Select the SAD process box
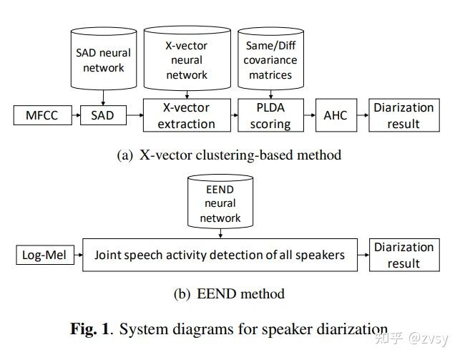(x=102, y=115)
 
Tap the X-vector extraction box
(x=186, y=115)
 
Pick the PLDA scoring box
(x=270, y=115)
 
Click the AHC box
(x=335, y=115)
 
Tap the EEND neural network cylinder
(x=220, y=203)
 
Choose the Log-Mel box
(x=44, y=255)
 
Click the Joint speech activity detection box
(x=220, y=255)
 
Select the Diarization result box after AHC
(x=403, y=115)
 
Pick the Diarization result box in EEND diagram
(x=403, y=255)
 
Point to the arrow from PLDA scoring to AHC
(x=308, y=115)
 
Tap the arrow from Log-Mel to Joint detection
(x=79, y=255)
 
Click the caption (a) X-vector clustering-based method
(x=229, y=155)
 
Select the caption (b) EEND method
(x=229, y=293)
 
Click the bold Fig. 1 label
(x=90, y=329)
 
